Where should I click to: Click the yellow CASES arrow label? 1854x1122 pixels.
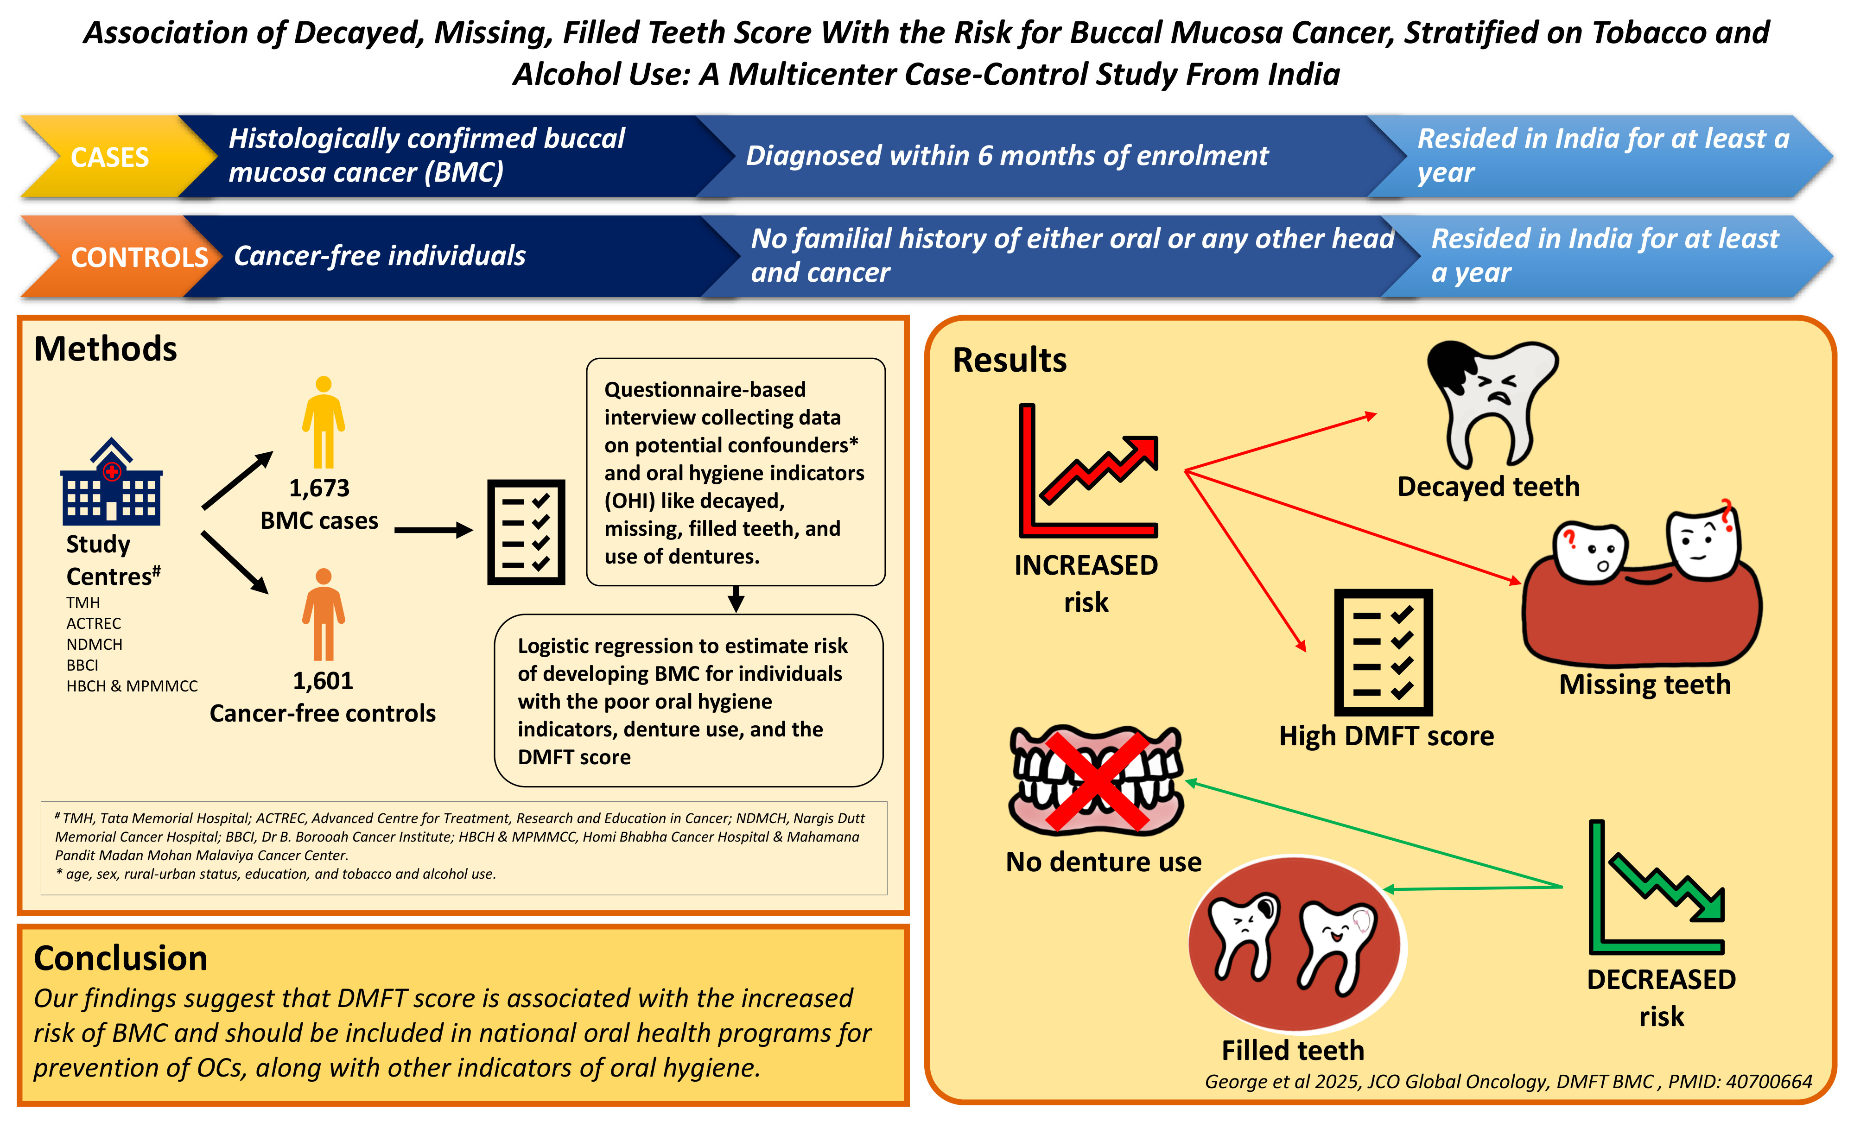110,157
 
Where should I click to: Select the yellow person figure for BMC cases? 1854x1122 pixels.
324,422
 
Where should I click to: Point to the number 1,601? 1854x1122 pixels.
323,681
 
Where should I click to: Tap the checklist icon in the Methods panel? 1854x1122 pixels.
526,532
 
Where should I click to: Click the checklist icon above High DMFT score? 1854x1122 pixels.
1383,653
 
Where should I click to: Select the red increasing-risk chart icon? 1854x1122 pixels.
1088,471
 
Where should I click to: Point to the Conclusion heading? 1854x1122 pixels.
121,958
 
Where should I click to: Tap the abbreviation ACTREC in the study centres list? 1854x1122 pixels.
93,623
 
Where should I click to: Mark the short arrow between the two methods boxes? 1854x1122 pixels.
736,599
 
